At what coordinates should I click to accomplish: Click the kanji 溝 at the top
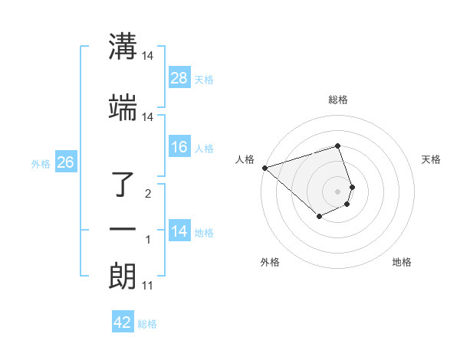[123, 48]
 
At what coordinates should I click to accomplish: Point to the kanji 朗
[123, 277]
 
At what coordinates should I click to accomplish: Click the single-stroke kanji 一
[123, 229]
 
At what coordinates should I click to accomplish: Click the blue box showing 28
[179, 78]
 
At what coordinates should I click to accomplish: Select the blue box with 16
[179, 148]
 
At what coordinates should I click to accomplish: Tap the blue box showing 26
[65, 162]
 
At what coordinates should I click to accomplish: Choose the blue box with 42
[123, 322]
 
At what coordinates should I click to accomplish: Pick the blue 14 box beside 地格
[179, 231]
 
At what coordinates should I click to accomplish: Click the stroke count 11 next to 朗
[147, 286]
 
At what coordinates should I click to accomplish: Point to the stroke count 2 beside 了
[148, 194]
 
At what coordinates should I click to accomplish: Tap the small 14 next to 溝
[148, 57]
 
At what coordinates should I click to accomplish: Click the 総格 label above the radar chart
[338, 99]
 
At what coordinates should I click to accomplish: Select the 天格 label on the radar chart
[431, 159]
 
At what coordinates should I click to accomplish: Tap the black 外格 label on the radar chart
[270, 262]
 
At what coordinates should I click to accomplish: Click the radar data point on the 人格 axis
[264, 168]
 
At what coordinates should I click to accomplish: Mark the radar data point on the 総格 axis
[338, 146]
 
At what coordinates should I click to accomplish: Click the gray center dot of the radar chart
[338, 191]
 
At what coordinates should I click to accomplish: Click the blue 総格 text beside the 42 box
[147, 324]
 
